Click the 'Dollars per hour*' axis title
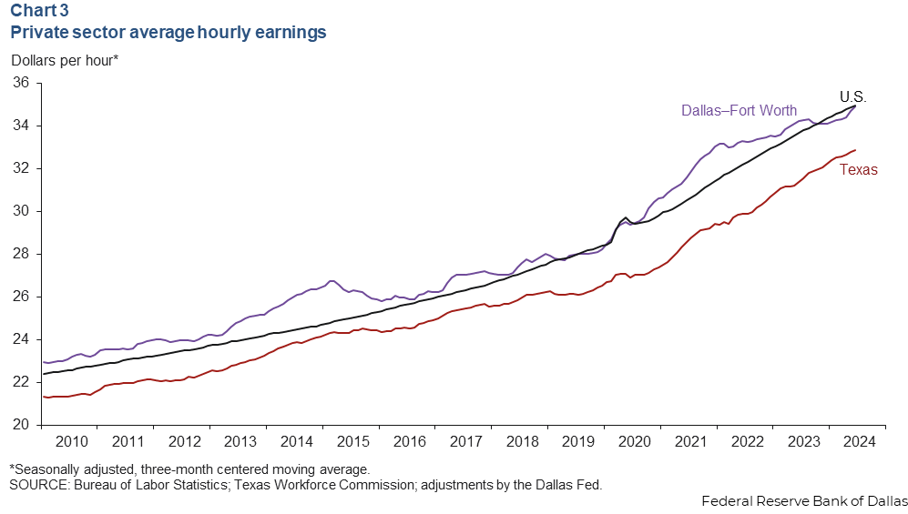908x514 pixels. pos(64,61)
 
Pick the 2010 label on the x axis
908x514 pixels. pos(72,442)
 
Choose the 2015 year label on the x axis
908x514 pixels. pos(352,442)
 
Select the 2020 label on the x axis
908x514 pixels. pos(634,442)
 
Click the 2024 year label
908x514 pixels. pos(859,442)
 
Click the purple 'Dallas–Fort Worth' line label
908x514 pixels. pos(739,111)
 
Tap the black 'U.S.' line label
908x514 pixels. pos(852,96)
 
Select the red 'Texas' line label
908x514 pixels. pos(858,169)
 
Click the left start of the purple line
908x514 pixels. pos(44,362)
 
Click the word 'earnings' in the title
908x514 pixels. pos(289,33)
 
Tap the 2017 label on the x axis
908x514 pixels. pos(465,442)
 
